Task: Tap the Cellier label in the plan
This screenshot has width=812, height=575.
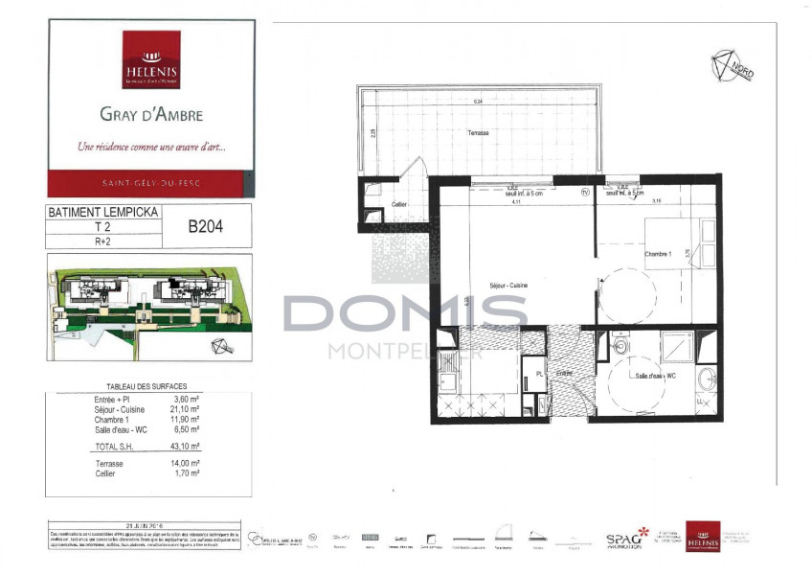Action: tap(400, 203)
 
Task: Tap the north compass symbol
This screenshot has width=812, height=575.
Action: tap(732, 65)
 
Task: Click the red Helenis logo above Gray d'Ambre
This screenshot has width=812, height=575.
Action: tap(150, 59)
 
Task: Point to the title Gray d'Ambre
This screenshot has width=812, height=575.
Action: tap(150, 114)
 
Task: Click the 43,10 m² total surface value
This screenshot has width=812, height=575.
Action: tap(187, 446)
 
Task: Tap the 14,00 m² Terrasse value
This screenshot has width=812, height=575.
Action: tap(187, 464)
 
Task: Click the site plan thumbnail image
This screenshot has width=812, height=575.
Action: tap(149, 307)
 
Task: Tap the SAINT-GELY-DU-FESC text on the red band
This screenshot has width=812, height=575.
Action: tap(150, 182)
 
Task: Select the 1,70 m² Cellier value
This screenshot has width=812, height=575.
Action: tap(187, 473)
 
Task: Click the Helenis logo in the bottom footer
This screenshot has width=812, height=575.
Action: tap(702, 537)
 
